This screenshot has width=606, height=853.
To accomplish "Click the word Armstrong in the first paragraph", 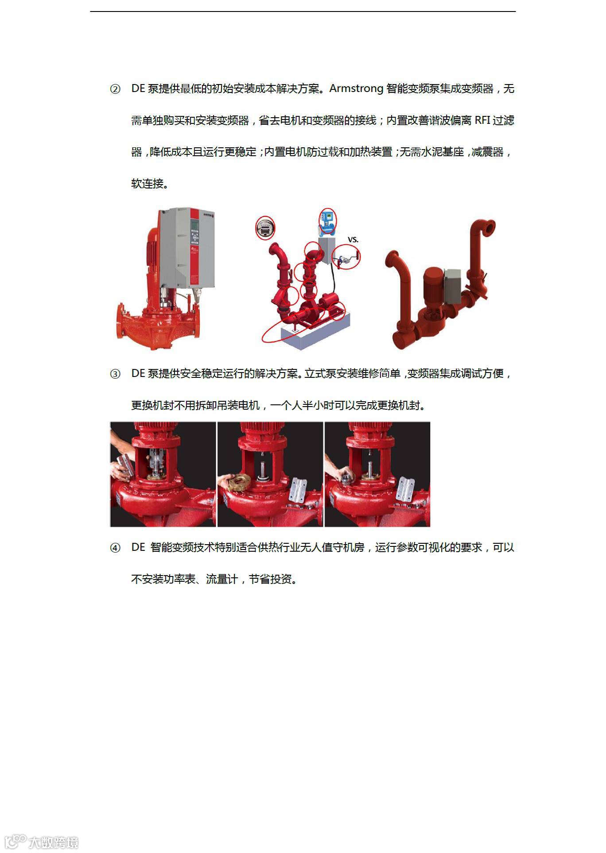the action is pos(356,89).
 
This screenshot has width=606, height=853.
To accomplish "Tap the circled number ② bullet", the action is pos(115,89).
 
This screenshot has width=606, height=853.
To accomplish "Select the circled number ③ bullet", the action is pos(115,374).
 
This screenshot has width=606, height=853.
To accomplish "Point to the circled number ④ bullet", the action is pos(115,548).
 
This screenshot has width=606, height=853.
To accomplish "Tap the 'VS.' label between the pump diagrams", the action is pos(353,239).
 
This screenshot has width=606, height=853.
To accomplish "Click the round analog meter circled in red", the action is pos(265,228).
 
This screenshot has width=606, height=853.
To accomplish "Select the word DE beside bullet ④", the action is pos(138,548).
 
